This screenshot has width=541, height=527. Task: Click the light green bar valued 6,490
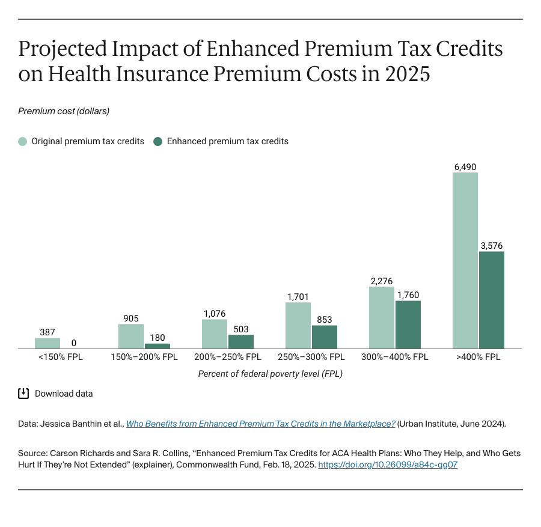tap(465, 260)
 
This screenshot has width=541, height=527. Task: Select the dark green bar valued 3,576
tap(491, 300)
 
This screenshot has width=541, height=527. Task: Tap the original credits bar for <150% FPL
tap(47, 343)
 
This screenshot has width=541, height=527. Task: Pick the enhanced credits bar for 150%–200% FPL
tap(157, 346)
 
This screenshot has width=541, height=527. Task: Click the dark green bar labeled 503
tap(241, 341)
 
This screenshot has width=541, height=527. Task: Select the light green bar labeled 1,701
tap(298, 325)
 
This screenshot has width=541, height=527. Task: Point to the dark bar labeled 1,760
tap(408, 324)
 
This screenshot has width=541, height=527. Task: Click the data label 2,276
tap(382, 281)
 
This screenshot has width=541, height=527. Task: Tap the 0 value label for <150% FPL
tap(74, 343)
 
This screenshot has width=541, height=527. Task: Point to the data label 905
tap(131, 318)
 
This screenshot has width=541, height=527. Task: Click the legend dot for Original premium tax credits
tap(23, 142)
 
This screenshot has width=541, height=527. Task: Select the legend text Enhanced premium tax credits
tap(227, 142)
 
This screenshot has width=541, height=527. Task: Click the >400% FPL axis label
tap(478, 357)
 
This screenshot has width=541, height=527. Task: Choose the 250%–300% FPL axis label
tap(311, 357)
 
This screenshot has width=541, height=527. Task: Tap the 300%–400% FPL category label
tap(394, 357)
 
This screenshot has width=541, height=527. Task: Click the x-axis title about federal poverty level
tap(270, 374)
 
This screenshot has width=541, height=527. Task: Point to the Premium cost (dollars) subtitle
tap(64, 111)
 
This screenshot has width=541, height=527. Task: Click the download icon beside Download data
tap(23, 394)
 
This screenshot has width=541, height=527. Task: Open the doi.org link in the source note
tap(387, 465)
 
